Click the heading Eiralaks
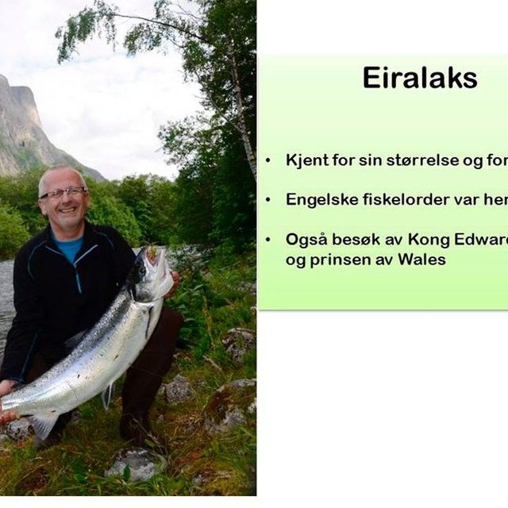pos(420,78)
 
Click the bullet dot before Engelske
pos(267,200)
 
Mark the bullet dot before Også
pos(267,240)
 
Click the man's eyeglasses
pos(63,193)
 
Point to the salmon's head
pos(152,272)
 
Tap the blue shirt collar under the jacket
pos(68,244)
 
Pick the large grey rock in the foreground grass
pos(137,464)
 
